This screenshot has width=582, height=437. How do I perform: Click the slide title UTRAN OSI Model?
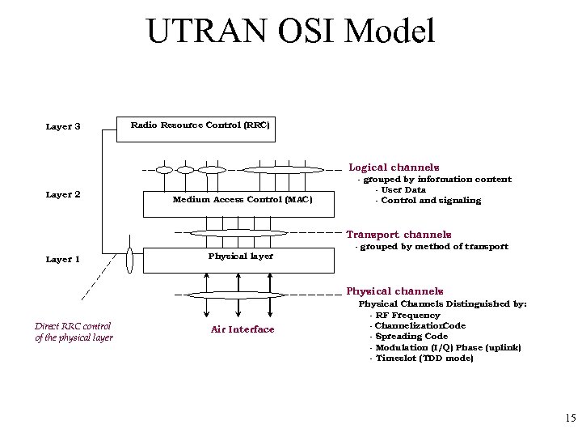tap(291, 32)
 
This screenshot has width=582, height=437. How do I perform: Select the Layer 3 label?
tap(63, 126)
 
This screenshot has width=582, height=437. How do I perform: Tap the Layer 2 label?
tap(63, 194)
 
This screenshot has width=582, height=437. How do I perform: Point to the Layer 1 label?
tap(63, 260)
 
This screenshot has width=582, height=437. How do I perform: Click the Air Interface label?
tap(242, 329)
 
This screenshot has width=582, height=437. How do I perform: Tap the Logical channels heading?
tap(394, 167)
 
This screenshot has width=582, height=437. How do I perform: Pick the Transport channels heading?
tap(399, 235)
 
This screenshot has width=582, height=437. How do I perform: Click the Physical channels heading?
tap(394, 291)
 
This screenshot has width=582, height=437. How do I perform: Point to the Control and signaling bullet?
tap(428, 201)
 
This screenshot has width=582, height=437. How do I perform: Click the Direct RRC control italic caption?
tap(74, 332)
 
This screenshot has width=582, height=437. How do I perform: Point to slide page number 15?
tap(570, 418)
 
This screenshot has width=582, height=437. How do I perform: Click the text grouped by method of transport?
tap(432, 246)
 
